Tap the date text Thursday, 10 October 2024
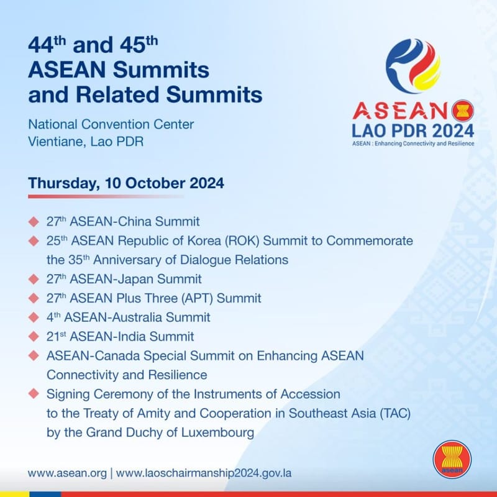[126, 183]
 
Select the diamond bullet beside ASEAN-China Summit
[34, 221]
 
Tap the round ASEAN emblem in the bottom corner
[452, 460]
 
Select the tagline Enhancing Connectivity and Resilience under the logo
[429, 144]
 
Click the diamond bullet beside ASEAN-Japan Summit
[34, 279]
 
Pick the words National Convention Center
[111, 124]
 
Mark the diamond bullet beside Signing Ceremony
[34, 394]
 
